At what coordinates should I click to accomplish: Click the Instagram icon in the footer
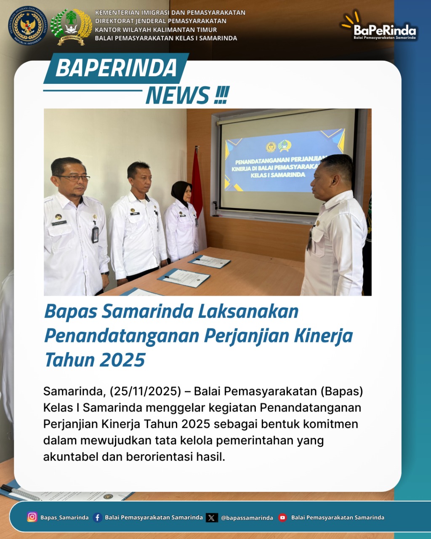[32, 517]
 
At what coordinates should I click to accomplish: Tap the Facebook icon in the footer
[97, 518]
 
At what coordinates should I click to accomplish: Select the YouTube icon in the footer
[282, 518]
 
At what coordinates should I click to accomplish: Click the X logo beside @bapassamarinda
[212, 518]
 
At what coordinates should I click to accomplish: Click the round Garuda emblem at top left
[28, 26]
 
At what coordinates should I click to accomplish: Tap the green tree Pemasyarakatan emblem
[71, 26]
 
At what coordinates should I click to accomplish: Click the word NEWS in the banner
[178, 95]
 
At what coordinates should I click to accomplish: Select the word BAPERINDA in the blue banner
[116, 68]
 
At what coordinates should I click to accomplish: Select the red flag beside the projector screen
[197, 181]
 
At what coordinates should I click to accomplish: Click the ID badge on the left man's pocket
[95, 234]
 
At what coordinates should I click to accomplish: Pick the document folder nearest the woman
[210, 261]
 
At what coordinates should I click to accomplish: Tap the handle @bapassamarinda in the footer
[247, 518]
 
